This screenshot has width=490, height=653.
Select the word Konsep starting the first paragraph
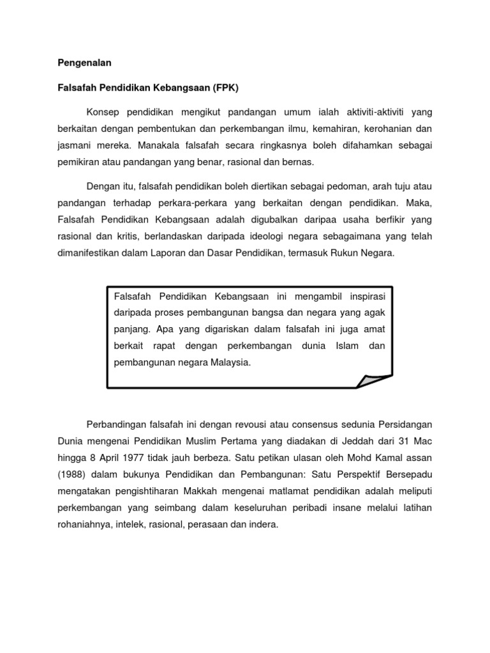coord(102,112)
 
